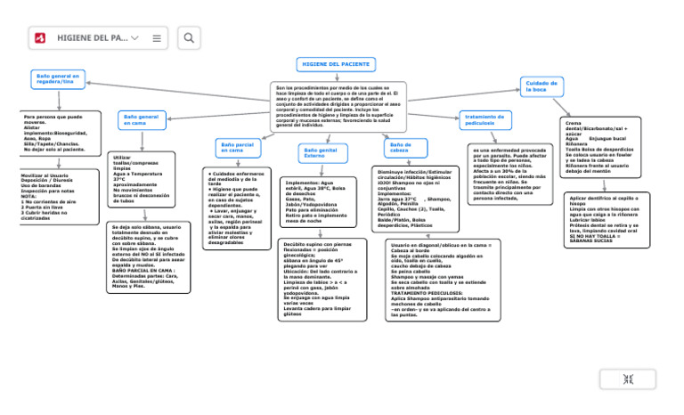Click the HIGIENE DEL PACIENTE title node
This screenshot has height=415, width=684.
tap(335, 65)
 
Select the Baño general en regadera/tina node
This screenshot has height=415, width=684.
tap(58, 79)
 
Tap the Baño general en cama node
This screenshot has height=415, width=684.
tap(142, 119)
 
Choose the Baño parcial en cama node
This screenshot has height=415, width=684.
tap(238, 148)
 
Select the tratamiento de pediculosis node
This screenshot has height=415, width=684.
tap(485, 118)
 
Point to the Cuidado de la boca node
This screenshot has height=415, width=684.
tap(540, 85)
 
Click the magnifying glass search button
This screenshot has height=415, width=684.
tap(190, 38)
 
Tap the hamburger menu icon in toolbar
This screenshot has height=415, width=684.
tap(157, 38)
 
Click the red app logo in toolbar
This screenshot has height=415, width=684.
tap(41, 38)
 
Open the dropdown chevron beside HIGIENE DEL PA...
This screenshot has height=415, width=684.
tap(135, 38)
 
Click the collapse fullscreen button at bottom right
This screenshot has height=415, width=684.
tap(628, 379)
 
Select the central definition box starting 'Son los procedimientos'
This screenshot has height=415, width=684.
tap(338, 106)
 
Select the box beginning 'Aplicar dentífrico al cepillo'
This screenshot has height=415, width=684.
tap(607, 219)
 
